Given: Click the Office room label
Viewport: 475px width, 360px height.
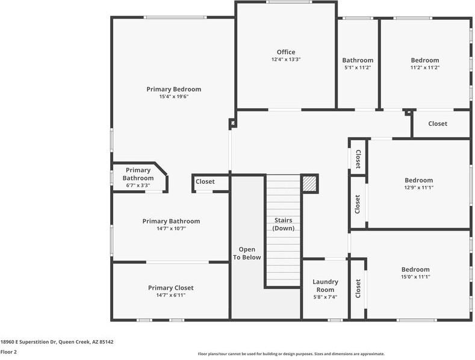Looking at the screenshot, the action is coord(286,52).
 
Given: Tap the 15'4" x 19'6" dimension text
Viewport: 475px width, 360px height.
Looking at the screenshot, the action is coord(174,97).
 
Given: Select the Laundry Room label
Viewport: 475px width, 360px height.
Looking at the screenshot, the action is coord(325,286).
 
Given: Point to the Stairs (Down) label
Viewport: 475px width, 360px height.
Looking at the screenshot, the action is coord(283,224).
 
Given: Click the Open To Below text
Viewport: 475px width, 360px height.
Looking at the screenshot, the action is coord(247,253).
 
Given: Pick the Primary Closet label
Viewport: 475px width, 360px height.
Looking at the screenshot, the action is coord(170,288).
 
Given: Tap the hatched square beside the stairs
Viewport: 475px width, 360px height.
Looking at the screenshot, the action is coord(309,184).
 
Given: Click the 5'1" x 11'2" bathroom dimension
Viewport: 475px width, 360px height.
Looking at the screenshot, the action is coord(358,67).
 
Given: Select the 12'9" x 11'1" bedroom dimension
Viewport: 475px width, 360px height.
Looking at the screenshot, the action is coord(418,188).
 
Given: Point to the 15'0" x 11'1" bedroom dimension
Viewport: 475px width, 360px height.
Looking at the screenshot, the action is coord(415,277).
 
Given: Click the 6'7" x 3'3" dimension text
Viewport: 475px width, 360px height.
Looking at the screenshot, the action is coord(138,185).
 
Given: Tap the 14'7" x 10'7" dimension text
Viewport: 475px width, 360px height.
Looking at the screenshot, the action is coord(171,229).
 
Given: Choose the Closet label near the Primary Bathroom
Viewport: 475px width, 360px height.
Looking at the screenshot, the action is coord(205,182).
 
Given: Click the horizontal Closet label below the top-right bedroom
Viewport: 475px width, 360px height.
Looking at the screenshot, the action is coord(438,123).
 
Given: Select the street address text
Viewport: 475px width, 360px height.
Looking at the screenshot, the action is coord(57,342).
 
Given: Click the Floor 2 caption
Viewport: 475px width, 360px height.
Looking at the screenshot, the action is coord(8,352).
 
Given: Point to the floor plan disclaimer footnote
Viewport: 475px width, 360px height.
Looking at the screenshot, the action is coord(291,353).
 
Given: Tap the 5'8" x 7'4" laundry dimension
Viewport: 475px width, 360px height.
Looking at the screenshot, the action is coord(325,297).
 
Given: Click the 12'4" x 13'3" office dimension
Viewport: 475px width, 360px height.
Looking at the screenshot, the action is coord(286,60).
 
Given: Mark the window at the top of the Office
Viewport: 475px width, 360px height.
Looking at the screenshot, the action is coord(289,2).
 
